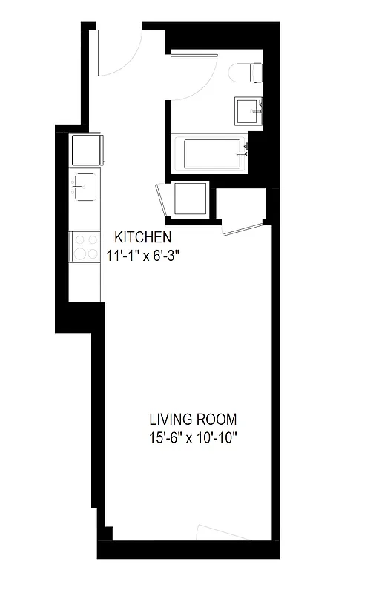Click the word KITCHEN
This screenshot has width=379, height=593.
(142, 238)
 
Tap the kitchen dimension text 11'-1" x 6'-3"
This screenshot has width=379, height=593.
(143, 255)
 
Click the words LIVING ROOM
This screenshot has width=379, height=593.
(192, 419)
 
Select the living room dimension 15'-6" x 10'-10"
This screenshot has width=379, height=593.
(192, 437)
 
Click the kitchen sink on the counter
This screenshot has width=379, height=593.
(83, 185)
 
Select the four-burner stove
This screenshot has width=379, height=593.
(84, 246)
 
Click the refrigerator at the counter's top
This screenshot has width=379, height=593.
(85, 150)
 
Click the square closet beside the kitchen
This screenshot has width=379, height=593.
(191, 199)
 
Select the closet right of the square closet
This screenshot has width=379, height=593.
(240, 205)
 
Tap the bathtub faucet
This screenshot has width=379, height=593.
(242, 153)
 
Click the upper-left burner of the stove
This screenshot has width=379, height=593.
(76, 239)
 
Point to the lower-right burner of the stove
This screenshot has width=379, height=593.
(91, 254)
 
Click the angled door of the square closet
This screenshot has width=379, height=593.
(161, 202)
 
